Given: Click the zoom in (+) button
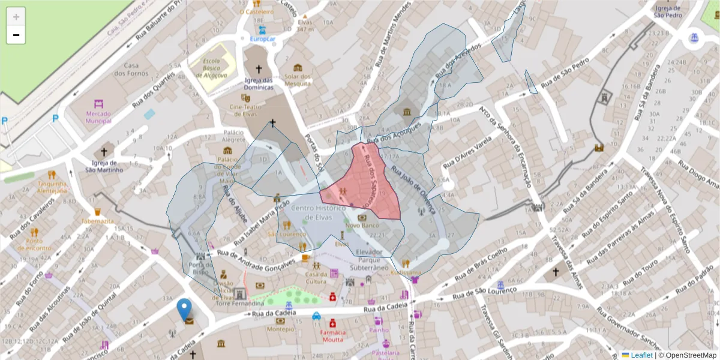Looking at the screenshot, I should coord(16,17).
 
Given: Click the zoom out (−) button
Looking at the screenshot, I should coord(16,35).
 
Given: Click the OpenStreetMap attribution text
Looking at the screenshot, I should coord(689,355).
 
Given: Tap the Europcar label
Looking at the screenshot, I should coord(262,39).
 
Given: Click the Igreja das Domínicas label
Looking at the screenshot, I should coord(259,83).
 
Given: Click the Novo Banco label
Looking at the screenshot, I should coord(362,225).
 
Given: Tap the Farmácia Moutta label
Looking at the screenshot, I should coord(332,336).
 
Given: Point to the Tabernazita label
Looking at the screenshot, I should coord(97,221).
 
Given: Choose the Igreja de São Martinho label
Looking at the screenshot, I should coord(104,166).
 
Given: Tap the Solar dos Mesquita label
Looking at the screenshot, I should coord(298,80).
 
